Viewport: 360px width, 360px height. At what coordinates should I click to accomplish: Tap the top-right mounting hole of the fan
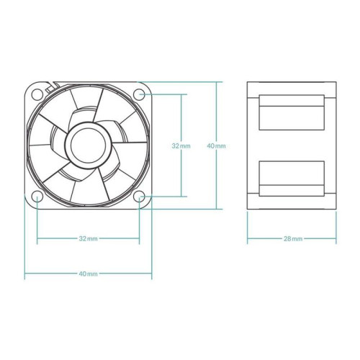coord(140,93)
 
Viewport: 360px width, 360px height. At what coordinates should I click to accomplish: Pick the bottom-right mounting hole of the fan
coord(140,196)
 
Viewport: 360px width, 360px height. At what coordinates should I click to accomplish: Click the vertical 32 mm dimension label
coord(181,145)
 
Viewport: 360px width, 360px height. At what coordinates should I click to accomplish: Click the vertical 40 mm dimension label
coord(216,145)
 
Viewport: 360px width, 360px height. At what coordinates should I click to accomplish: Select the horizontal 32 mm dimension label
coord(88,238)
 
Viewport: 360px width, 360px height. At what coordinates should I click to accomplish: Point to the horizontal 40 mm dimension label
coord(88,274)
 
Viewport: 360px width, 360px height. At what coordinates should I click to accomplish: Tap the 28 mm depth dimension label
coord(292,238)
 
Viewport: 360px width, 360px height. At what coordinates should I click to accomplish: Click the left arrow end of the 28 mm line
coord(248,238)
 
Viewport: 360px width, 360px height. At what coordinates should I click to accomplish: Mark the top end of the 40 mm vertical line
coord(216,81)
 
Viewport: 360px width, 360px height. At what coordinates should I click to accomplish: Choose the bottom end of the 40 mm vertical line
coord(216,209)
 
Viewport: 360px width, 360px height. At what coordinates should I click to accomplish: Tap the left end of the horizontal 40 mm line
coord(25,274)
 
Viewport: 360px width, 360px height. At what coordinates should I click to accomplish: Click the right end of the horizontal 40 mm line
coord(152,274)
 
